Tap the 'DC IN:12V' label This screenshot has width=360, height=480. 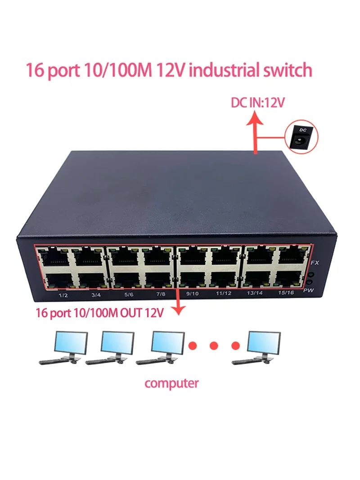point(258,103)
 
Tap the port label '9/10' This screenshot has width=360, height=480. point(192,293)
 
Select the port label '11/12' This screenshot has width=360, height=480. point(224,293)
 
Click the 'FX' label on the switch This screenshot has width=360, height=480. point(315,262)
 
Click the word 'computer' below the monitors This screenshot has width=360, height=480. point(171,383)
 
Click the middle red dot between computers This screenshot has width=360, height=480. point(214,345)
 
